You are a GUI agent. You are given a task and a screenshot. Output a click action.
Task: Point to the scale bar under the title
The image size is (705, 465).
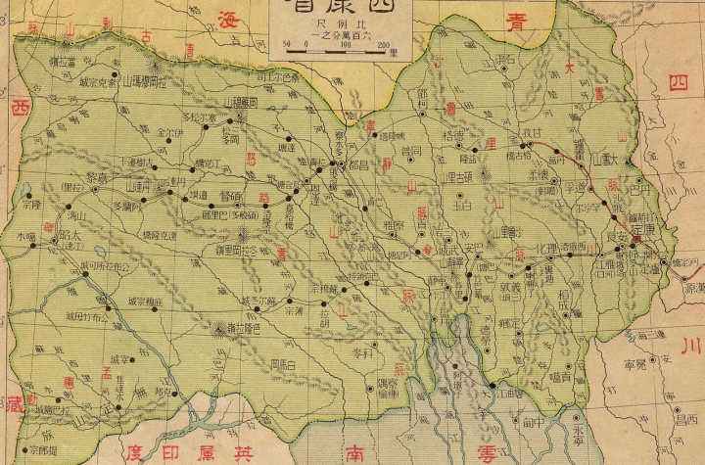[339, 45]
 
